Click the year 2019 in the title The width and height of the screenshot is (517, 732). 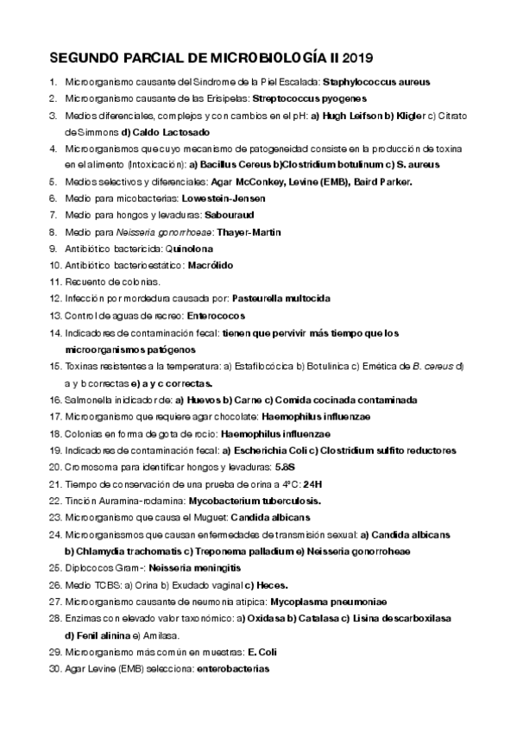(x=357, y=58)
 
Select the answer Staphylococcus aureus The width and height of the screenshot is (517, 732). (x=375, y=82)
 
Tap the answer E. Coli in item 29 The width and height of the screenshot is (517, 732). (x=261, y=651)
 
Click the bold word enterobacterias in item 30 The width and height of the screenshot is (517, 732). (x=233, y=668)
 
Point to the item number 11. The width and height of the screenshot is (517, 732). (x=54, y=281)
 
